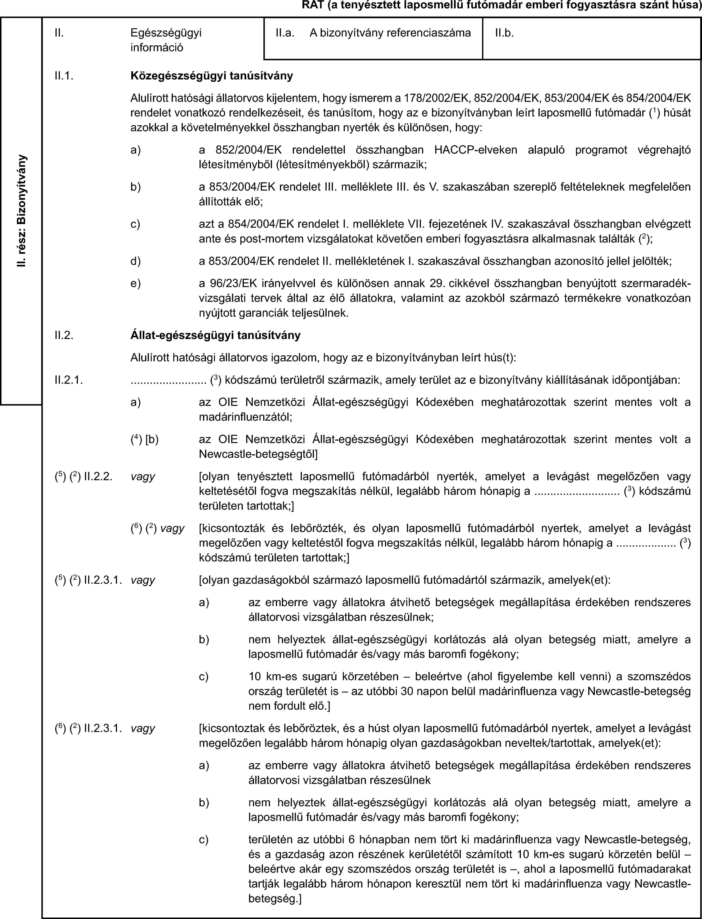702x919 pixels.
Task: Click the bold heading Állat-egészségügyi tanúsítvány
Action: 215,335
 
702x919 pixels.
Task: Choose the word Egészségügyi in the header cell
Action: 166,33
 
